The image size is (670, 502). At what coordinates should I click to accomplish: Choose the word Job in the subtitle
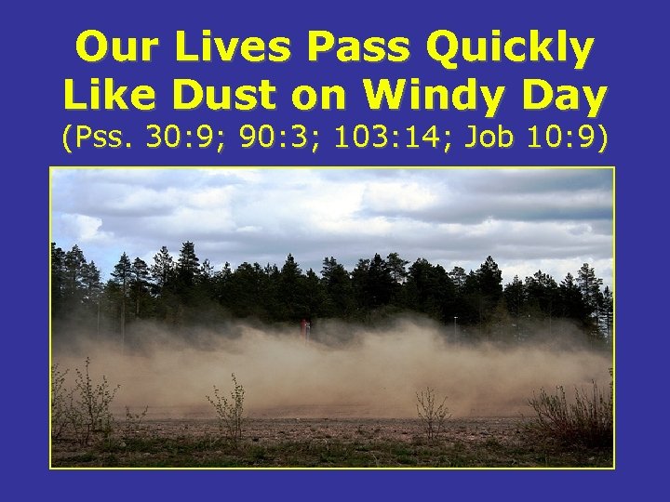point(481,139)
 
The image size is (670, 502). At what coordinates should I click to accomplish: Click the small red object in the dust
point(306,324)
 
